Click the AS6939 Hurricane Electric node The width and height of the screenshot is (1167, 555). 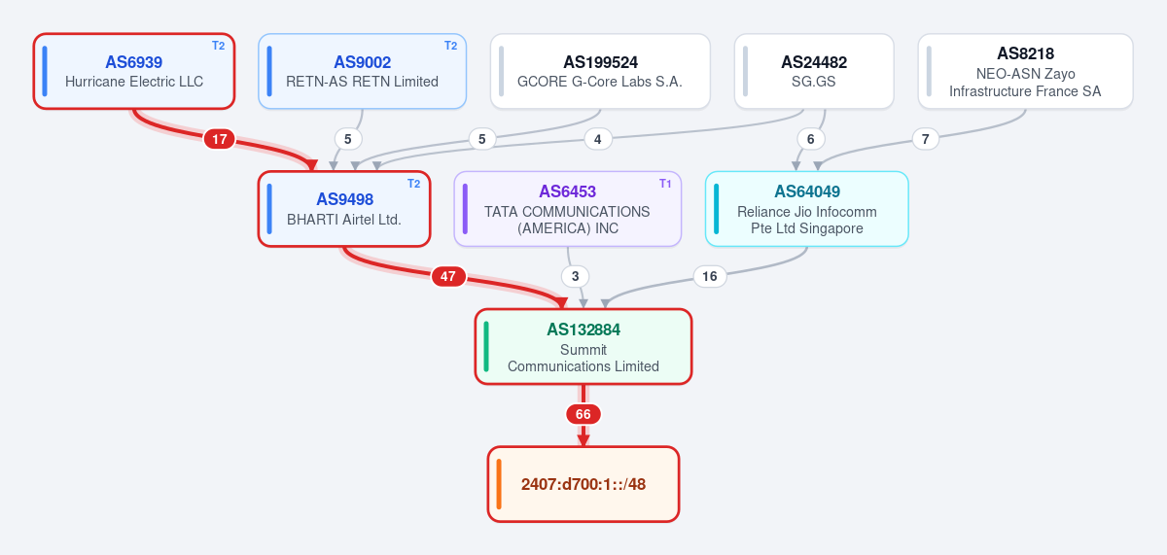click(x=134, y=71)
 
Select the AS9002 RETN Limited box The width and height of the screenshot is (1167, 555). click(x=362, y=71)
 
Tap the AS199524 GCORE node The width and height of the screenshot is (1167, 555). click(x=600, y=71)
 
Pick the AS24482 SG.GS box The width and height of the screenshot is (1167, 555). click(x=814, y=71)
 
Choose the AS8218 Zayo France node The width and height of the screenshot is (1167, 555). click(x=1025, y=71)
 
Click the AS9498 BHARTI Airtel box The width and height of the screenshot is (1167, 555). click(x=344, y=209)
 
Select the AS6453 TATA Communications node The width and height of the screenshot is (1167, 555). click(x=567, y=209)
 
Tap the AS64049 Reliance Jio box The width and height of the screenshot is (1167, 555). click(x=807, y=209)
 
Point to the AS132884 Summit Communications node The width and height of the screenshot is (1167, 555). click(x=583, y=347)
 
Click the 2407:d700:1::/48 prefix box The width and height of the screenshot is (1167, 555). click(x=583, y=484)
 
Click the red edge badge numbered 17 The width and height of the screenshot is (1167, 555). click(x=220, y=139)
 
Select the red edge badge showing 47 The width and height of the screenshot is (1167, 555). click(x=448, y=276)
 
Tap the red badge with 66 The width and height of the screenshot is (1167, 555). click(x=583, y=414)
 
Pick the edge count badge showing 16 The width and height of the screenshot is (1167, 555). click(x=710, y=276)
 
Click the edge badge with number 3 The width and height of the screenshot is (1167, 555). click(x=575, y=276)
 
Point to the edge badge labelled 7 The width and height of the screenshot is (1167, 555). click(x=925, y=139)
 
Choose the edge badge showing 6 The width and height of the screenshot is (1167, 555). click(x=811, y=139)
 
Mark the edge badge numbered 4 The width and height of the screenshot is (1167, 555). click(x=597, y=139)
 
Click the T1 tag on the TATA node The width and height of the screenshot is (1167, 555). click(x=665, y=184)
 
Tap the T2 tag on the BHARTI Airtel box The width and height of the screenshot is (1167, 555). click(x=413, y=184)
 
